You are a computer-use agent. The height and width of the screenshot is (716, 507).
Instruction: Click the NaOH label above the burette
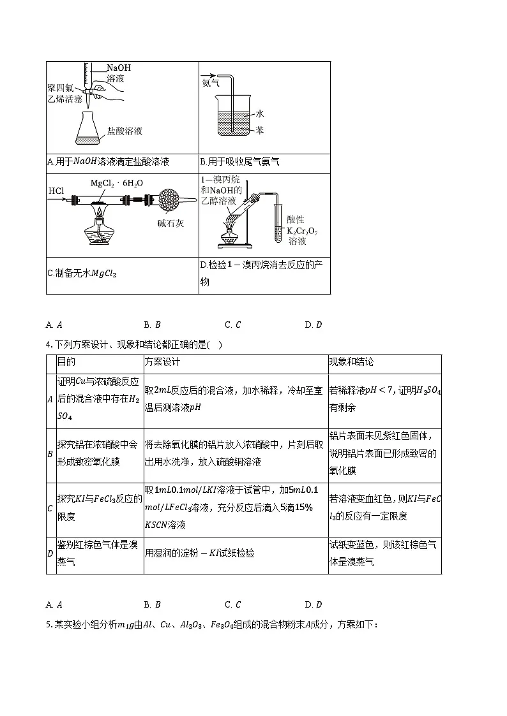[x=118, y=68]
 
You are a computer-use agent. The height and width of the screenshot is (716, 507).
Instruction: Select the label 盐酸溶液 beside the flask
[x=125, y=131]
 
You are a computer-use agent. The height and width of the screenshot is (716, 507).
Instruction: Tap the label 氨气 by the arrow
[x=211, y=83]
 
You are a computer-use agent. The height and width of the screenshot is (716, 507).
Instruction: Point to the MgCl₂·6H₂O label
[x=117, y=183]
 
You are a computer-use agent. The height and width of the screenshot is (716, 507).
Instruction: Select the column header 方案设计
[x=162, y=362]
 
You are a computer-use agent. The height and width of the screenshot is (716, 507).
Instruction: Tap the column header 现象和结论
[x=351, y=362]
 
